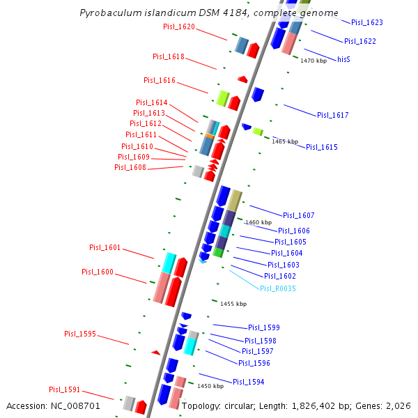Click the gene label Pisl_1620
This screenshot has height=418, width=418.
178,27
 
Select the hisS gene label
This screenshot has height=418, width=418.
343,60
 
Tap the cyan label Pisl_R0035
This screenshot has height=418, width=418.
278,288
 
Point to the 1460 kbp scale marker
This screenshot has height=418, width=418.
258,222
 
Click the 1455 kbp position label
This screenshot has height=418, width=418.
233,304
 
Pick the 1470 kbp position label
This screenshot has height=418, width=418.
313,61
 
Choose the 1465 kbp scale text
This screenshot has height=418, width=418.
284,141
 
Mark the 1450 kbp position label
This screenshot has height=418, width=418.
210,386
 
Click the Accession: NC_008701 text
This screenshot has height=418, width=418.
54,405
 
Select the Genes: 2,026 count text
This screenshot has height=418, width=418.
385,405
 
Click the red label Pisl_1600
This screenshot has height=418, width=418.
97,272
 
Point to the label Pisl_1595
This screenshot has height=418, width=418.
80,334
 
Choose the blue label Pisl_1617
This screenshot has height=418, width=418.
332,115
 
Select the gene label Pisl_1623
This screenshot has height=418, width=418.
366,22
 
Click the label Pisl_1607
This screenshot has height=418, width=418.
298,215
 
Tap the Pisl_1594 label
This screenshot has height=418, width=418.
248,382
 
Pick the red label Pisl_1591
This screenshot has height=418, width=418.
64,389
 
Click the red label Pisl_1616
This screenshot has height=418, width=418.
159,81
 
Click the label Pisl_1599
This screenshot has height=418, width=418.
263,327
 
